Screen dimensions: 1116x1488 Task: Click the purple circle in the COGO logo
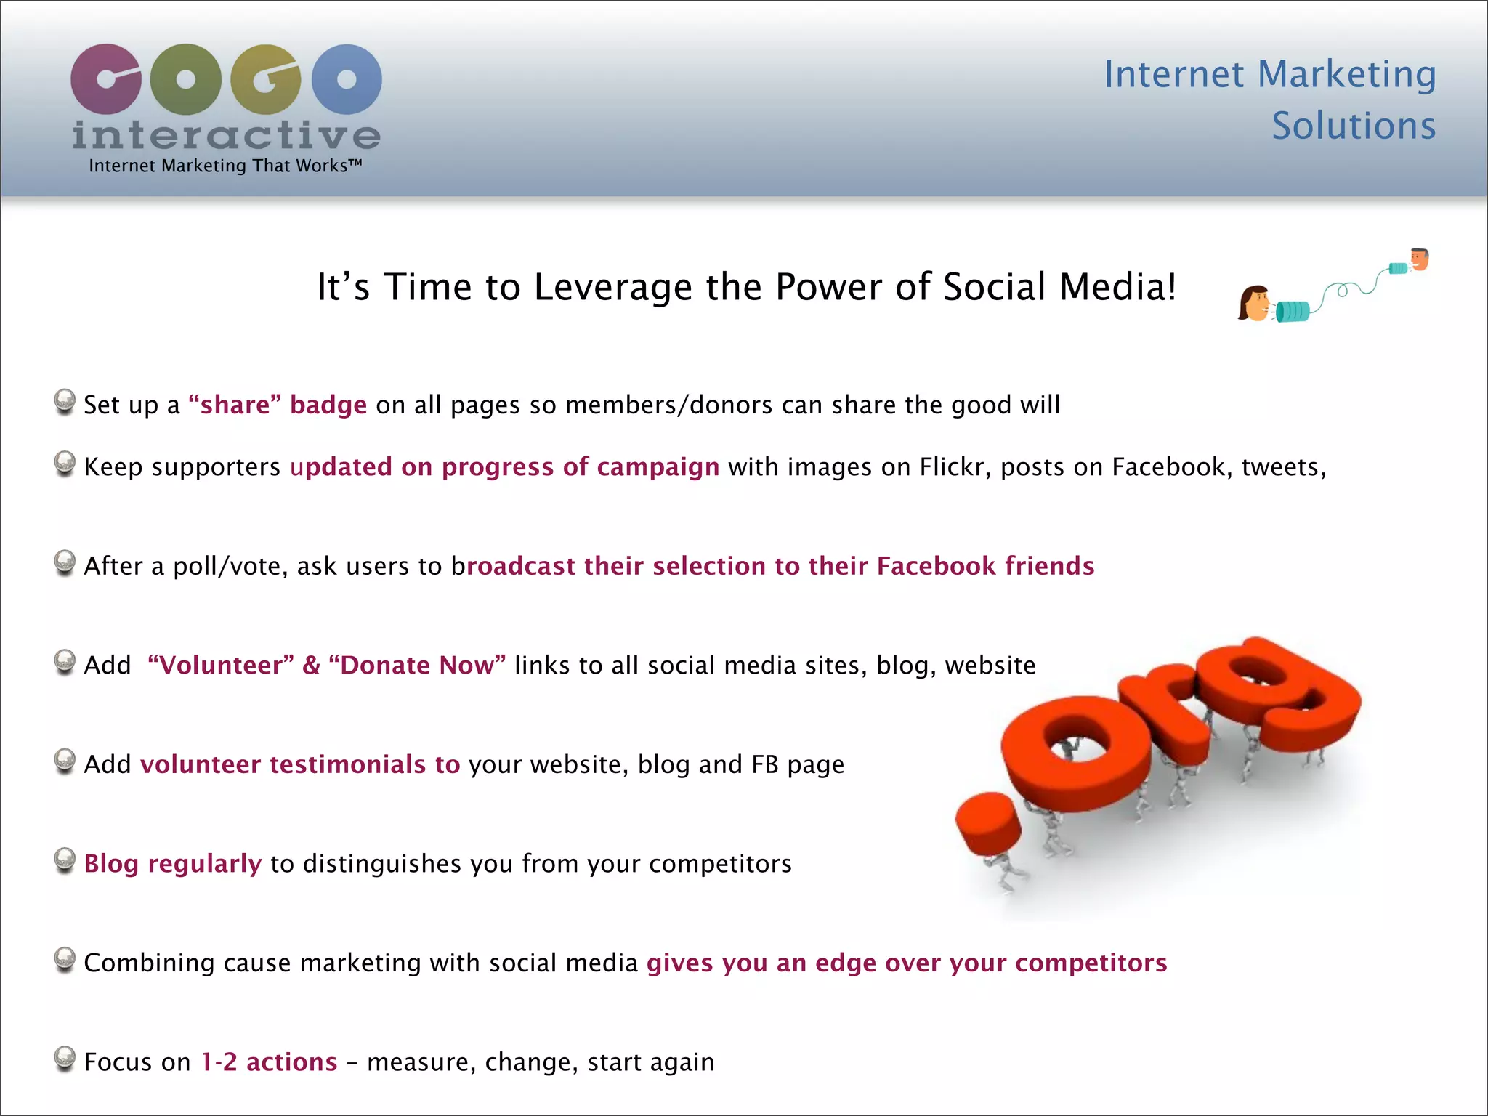pos(106,79)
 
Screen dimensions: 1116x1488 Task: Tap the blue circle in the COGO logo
pos(347,79)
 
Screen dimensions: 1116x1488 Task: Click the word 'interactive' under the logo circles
pos(226,135)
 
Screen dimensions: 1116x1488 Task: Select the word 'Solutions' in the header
pos(1354,126)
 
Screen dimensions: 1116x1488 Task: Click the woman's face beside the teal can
pos(1255,303)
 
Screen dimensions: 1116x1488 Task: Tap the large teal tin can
pos(1293,311)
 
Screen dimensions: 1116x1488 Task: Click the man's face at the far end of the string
pos(1419,259)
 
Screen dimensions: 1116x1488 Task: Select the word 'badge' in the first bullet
pos(328,405)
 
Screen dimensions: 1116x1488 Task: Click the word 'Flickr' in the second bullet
pos(955,467)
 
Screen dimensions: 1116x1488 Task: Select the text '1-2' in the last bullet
pos(219,1062)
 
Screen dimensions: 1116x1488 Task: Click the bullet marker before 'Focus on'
pos(65,1058)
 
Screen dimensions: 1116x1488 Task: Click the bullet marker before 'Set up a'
pos(65,400)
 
